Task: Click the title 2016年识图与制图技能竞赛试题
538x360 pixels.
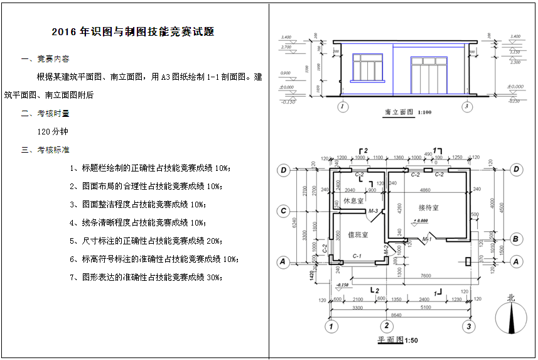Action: coord(137,32)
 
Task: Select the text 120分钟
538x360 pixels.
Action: coord(53,132)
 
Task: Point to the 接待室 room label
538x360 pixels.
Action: coord(428,207)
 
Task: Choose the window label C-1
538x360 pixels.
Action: coord(356,256)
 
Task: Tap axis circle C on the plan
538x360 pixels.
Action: coord(284,210)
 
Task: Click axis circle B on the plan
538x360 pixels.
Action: coord(516,239)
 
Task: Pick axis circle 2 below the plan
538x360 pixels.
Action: coord(387,325)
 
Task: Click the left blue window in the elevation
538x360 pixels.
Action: coord(367,67)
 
